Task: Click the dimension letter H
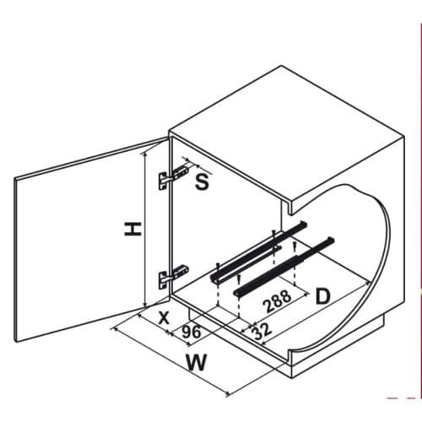[x=132, y=227]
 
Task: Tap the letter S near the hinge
[x=202, y=181]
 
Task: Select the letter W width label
[x=197, y=365]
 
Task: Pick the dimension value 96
[x=192, y=332]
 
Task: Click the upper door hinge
[x=173, y=175]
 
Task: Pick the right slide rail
[x=283, y=267]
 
